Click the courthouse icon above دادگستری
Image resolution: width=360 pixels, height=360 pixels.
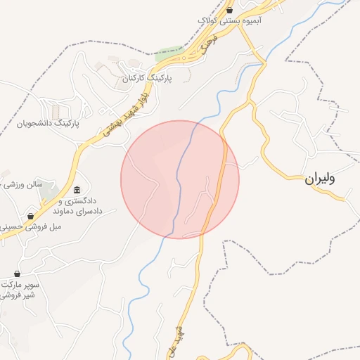pos(77,190)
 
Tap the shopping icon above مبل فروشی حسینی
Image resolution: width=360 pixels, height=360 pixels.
pos(30,216)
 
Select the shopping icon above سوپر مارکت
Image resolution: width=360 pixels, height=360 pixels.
pos(17,274)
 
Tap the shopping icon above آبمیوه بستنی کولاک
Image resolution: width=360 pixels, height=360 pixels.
pos(230,11)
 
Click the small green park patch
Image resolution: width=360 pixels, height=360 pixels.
pos(169,52)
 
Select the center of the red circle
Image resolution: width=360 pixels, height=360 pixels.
pos(180,179)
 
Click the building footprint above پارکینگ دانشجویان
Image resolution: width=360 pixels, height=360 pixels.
pos(56,112)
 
